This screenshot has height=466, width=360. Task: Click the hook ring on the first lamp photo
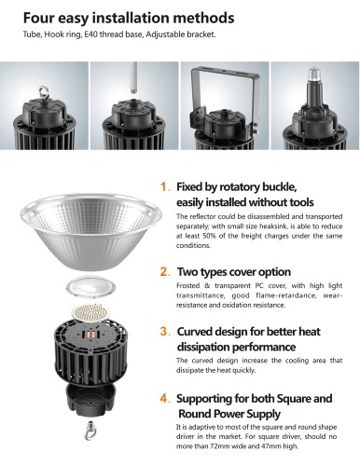[43, 92]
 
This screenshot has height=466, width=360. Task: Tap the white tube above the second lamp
[133, 77]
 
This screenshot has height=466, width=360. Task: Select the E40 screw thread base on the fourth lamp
[315, 74]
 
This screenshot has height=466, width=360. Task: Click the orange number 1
[164, 186]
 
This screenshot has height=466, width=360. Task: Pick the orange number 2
[164, 271]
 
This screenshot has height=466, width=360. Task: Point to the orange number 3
[164, 331]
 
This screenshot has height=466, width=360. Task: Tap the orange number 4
[164, 398]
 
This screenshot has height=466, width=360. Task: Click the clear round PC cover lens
[90, 286]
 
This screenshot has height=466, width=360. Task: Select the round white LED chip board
[91, 313]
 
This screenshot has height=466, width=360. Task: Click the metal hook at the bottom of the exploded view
[90, 431]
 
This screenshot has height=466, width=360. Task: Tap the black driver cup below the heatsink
[90, 399]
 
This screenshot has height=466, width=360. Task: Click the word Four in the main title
[39, 18]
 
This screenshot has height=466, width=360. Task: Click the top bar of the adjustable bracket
[226, 73]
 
